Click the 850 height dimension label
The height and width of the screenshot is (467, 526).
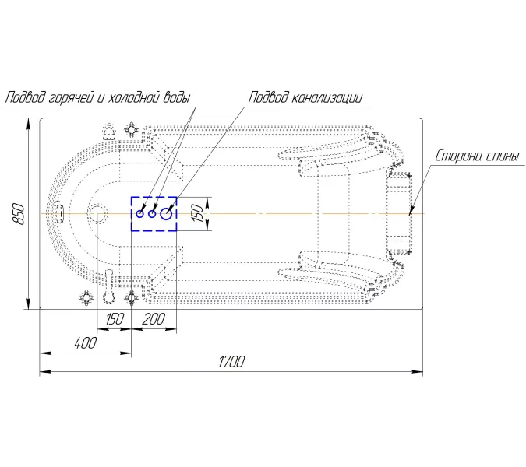click(x=19, y=214)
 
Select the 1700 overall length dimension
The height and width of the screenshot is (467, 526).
click(x=231, y=362)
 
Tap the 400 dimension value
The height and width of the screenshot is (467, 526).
click(x=85, y=343)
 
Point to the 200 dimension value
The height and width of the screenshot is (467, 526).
click(x=154, y=319)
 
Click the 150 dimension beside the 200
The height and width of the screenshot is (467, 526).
click(x=115, y=319)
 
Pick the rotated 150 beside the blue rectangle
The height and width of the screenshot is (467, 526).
click(x=198, y=213)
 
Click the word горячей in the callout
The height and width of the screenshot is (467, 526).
click(x=70, y=98)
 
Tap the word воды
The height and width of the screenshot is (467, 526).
click(x=177, y=97)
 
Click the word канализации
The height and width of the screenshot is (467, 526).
click(x=326, y=98)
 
